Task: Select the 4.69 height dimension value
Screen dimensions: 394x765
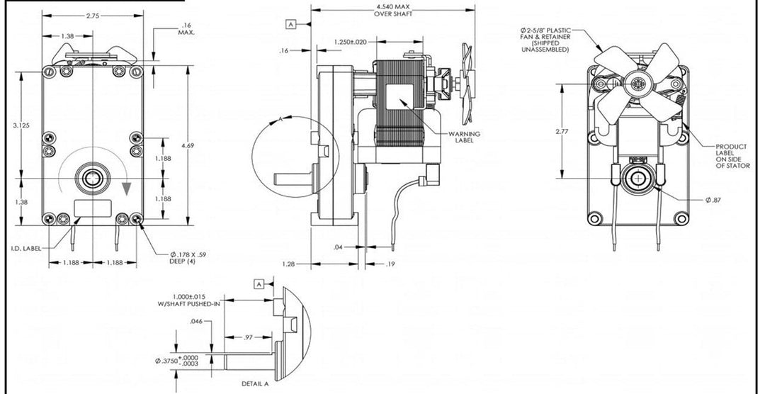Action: pos(188,145)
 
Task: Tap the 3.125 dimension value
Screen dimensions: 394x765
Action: pos(21,125)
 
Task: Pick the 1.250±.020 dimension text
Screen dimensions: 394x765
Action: pos(350,43)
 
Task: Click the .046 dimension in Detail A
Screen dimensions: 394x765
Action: pos(197,322)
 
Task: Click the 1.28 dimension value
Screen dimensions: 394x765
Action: pos(288,264)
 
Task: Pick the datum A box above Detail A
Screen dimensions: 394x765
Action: pos(259,283)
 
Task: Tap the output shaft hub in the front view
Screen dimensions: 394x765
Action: pos(93,178)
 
